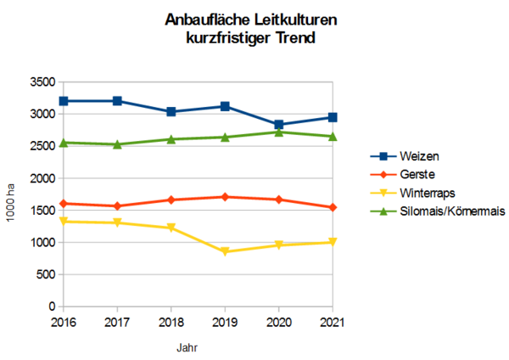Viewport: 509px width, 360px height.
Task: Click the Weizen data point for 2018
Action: (x=171, y=112)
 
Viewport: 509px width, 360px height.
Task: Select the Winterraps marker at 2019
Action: (x=225, y=251)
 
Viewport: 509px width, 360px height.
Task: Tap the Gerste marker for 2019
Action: (x=225, y=197)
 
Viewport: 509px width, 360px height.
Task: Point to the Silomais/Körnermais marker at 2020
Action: (x=278, y=132)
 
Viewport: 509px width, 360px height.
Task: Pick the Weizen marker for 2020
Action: (x=278, y=125)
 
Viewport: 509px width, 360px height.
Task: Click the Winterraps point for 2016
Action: (x=63, y=222)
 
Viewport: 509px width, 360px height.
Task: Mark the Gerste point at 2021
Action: (x=333, y=207)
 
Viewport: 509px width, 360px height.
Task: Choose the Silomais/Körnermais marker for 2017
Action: (x=117, y=144)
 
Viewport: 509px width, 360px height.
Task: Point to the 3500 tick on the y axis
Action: (x=42, y=82)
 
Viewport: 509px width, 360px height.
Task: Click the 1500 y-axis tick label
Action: (x=42, y=211)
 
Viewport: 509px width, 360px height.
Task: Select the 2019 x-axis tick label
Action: (x=225, y=322)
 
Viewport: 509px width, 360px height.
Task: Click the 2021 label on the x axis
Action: (x=333, y=322)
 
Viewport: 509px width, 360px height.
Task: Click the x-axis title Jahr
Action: (x=188, y=347)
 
